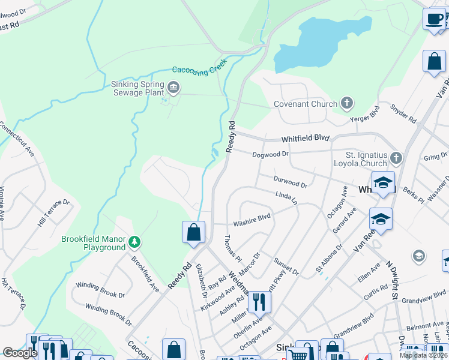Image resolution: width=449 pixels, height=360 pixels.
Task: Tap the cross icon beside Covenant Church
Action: pyautogui.click(x=347, y=104)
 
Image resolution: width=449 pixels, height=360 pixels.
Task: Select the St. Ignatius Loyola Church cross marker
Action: pyautogui.click(x=396, y=159)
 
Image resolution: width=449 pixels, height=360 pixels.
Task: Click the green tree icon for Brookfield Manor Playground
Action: pyautogui.click(x=135, y=242)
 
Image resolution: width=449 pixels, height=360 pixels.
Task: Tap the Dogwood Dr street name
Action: pyautogui.click(x=271, y=154)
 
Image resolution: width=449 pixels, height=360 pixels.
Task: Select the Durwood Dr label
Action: pyautogui.click(x=290, y=182)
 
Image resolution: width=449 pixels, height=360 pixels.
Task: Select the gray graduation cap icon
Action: pyautogui.click(x=419, y=257)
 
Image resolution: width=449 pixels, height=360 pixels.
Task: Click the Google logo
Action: pyautogui.click(x=20, y=353)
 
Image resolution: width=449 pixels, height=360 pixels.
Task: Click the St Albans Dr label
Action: pyautogui.click(x=329, y=259)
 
